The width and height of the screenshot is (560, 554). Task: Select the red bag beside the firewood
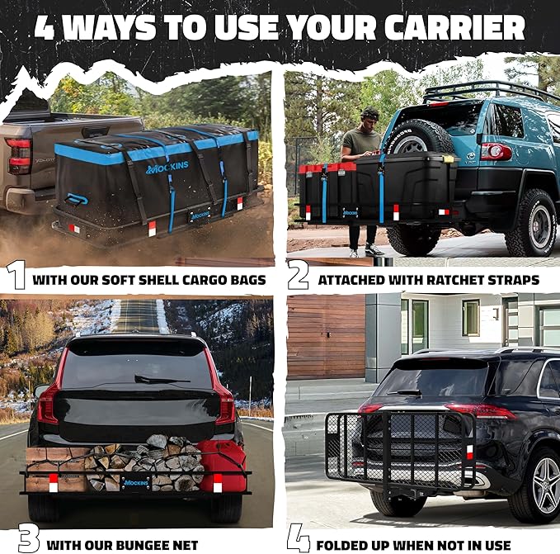(x=223, y=465)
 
